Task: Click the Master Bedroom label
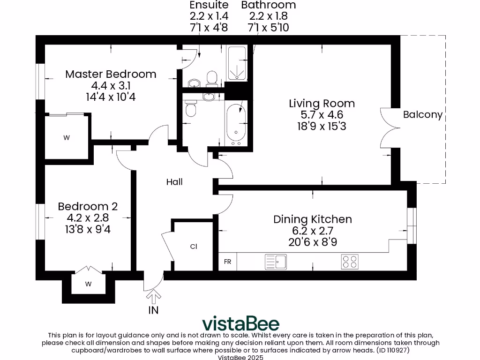[x=111, y=74]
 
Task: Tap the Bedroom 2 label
[x=88, y=206]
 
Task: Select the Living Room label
[x=322, y=104]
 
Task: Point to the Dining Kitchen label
[x=313, y=219]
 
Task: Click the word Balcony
[x=423, y=114]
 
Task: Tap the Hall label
[x=174, y=182]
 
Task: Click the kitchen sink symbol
[x=276, y=262]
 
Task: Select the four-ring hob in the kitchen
[x=350, y=262]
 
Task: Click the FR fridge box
[x=227, y=262]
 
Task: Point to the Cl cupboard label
[x=194, y=247]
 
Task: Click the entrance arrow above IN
[x=154, y=297]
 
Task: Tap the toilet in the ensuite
[x=212, y=78]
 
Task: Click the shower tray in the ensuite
[x=237, y=63]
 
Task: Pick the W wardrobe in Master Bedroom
[x=67, y=137]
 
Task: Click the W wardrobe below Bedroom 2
[x=89, y=284]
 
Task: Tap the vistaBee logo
[x=240, y=323]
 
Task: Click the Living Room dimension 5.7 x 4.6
[x=322, y=115]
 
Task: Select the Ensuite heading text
[x=209, y=5]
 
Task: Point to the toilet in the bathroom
[x=191, y=108]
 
